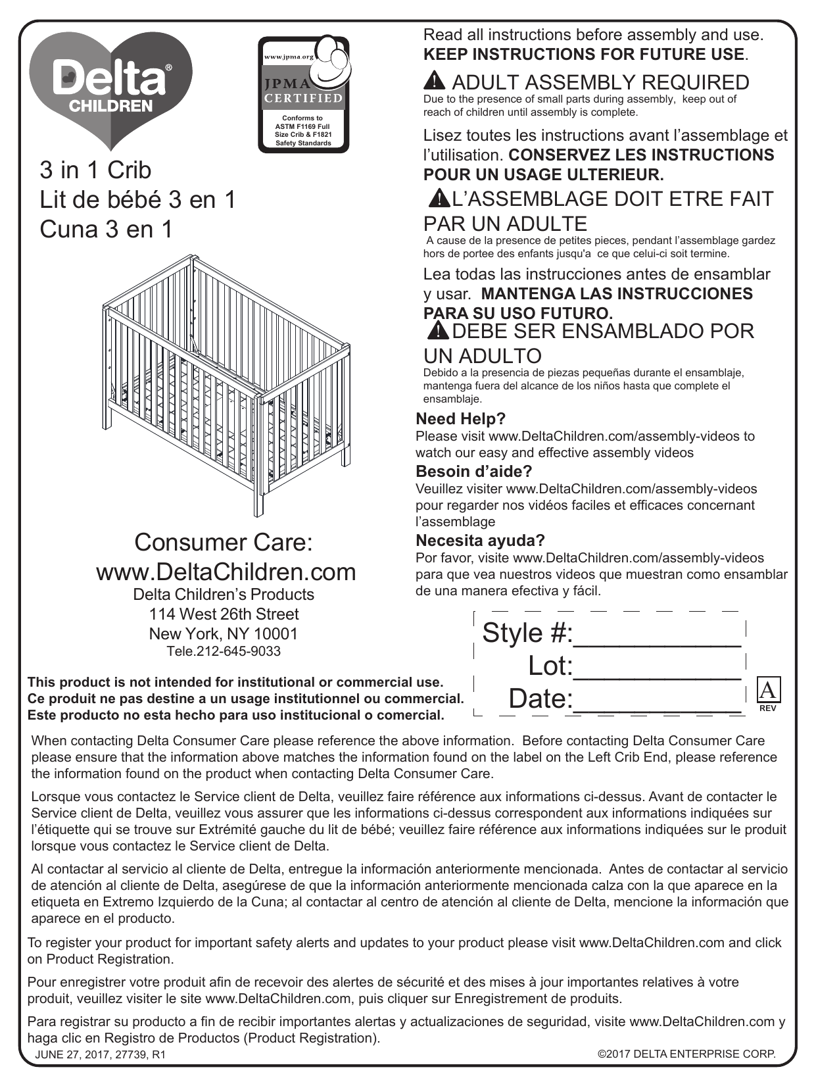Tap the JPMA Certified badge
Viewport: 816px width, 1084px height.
coord(303,94)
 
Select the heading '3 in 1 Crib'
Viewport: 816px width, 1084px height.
coord(95,170)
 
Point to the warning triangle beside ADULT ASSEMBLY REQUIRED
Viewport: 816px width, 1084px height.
coord(435,82)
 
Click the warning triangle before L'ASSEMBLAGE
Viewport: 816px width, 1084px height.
coord(437,197)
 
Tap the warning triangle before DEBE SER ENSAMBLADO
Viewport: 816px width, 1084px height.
coord(437,330)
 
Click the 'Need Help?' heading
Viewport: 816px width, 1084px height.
coord(460,419)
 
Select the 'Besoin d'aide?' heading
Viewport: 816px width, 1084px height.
coord(473,472)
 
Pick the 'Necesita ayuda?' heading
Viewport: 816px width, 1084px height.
coord(480,541)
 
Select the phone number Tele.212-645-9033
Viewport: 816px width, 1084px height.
coord(224,651)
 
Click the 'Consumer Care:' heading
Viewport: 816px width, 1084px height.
coord(224,543)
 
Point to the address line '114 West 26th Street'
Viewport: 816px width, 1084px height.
coord(224,614)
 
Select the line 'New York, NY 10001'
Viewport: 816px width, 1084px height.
coord(224,634)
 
